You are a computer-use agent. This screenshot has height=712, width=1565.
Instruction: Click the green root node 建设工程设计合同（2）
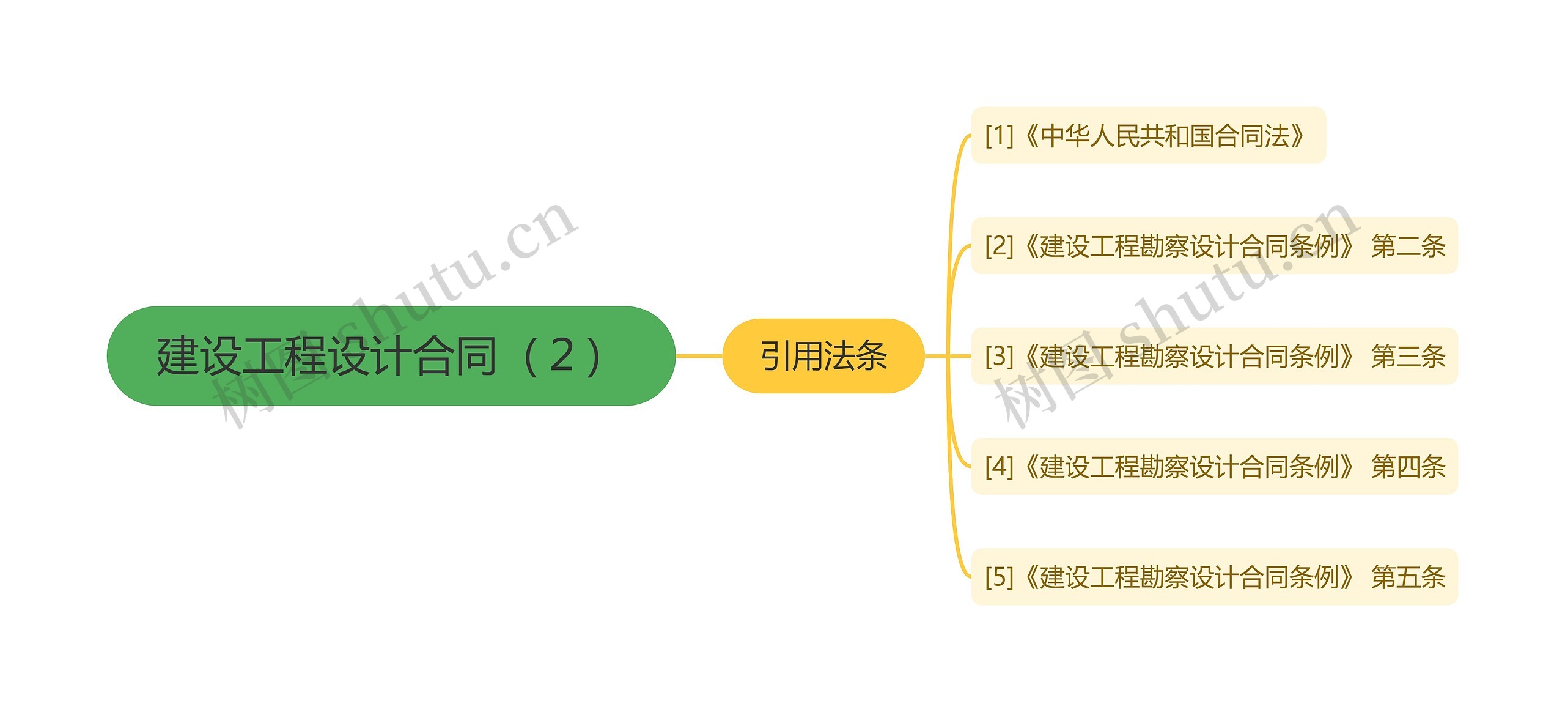pos(391,355)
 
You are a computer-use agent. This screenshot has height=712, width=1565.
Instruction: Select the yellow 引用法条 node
pos(823,355)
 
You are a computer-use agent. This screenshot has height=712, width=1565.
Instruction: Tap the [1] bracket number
pos(999,135)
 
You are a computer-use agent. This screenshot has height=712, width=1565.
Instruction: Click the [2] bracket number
pos(999,246)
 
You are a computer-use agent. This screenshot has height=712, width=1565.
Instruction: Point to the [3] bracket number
pos(999,356)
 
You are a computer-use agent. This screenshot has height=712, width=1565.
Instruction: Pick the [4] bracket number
pos(999,467)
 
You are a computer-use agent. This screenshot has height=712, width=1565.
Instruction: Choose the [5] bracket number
pos(999,577)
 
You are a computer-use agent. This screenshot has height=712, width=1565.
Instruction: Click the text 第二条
pos(1408,246)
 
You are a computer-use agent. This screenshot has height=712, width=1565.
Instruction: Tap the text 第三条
pos(1408,356)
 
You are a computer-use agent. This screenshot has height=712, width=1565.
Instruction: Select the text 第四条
pos(1408,467)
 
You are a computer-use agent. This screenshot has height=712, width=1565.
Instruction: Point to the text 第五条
pos(1408,577)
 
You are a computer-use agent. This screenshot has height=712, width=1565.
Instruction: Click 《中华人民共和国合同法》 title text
pos(1165,135)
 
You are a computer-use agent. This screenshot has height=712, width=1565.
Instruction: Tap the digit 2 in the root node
pos(561,355)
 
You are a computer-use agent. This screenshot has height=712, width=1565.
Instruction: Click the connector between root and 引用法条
pos(699,355)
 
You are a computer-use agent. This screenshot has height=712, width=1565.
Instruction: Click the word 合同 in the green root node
pos(455,355)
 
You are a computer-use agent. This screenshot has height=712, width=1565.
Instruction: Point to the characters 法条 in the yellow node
pos(855,355)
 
